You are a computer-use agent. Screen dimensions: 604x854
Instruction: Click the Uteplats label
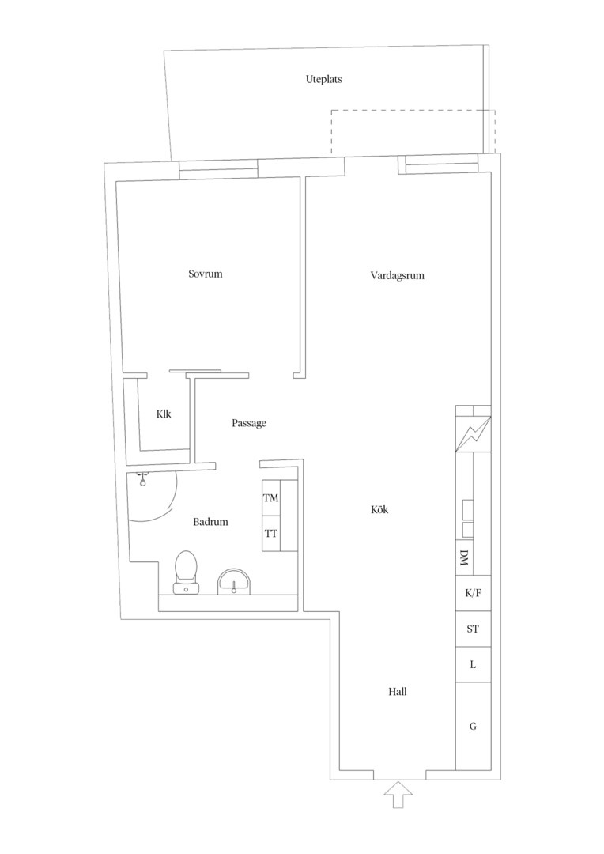click(x=323, y=80)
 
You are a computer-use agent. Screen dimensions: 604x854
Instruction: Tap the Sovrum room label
click(x=206, y=274)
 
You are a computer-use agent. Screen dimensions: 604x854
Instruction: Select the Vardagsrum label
click(x=397, y=276)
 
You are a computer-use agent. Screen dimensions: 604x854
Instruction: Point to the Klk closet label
click(x=164, y=414)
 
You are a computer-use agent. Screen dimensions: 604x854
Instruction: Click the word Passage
click(x=249, y=423)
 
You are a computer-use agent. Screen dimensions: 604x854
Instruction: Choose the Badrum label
click(x=210, y=522)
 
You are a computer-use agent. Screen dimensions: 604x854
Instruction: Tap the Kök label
click(x=379, y=510)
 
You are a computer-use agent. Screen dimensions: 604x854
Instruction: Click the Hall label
click(x=398, y=692)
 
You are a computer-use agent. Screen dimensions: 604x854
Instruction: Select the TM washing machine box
click(x=271, y=498)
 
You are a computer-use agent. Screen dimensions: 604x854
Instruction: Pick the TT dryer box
click(x=271, y=534)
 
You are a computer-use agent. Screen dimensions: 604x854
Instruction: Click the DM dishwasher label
click(x=464, y=557)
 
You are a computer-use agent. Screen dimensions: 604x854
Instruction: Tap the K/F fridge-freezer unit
click(x=474, y=593)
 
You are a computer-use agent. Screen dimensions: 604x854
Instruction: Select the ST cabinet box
click(x=474, y=629)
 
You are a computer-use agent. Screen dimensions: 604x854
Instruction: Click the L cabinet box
click(x=474, y=665)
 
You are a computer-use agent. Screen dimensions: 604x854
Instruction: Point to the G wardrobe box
click(x=474, y=727)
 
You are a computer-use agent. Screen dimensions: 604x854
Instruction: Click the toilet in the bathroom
click(x=186, y=572)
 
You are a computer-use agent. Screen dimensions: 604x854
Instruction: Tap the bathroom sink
click(x=234, y=582)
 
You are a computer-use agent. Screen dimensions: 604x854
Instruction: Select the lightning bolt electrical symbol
click(x=474, y=434)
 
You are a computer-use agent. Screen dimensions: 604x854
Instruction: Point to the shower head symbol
click(x=142, y=479)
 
